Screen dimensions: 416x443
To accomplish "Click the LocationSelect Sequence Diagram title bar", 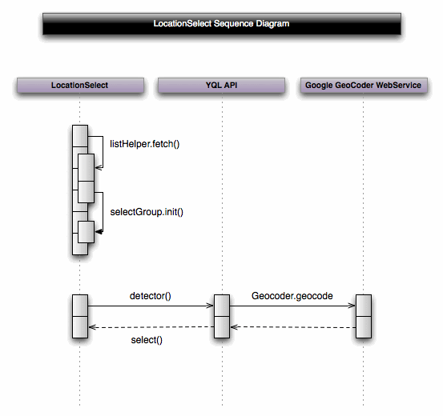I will (x=221, y=24).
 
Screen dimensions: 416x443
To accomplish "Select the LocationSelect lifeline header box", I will (x=79, y=85).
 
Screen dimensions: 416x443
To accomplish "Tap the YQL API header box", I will (x=221, y=85).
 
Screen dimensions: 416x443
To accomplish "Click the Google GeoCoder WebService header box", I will (x=363, y=85).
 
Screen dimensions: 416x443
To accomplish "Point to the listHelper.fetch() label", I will (x=145, y=143).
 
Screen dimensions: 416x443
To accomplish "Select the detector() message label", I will (x=150, y=296).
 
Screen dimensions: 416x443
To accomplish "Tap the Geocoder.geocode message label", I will (x=292, y=296).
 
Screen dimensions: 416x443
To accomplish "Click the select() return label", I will (x=147, y=341).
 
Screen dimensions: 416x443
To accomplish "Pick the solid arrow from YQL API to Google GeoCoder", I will (x=292, y=306).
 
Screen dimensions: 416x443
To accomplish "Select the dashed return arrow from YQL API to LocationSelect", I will (x=150, y=326).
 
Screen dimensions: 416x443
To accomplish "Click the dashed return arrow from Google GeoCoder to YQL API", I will (x=292, y=326).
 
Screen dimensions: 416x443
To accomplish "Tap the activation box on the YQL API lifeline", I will (x=221, y=316).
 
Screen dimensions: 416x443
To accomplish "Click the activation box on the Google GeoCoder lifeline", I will (x=363, y=316).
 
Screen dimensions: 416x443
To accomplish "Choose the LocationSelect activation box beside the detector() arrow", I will (x=79, y=316).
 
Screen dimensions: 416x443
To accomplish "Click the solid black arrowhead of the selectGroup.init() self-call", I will (x=99, y=231).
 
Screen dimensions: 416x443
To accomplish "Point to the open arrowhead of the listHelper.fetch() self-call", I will (x=99, y=168).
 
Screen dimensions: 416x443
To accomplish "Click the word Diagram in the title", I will (x=270, y=24).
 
